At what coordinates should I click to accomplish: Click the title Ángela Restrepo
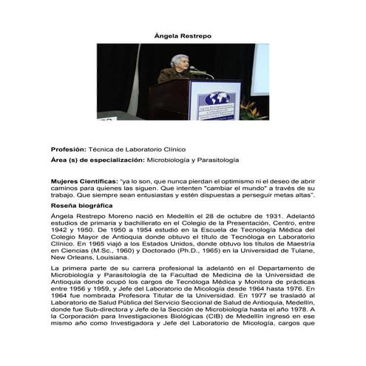[183, 34]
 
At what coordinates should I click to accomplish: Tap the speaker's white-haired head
[178, 61]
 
